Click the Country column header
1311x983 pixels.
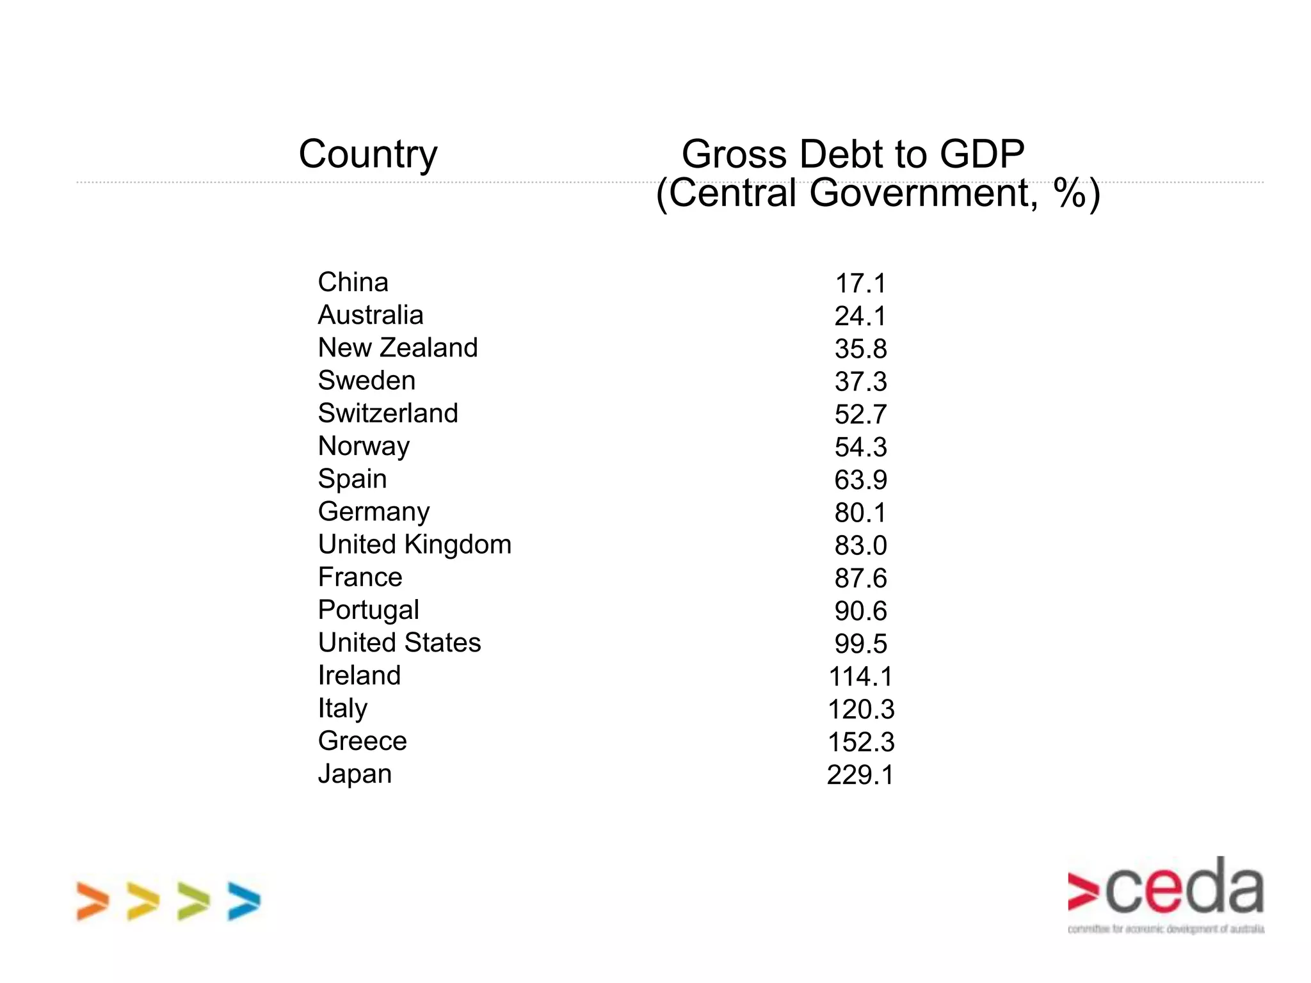click(368, 154)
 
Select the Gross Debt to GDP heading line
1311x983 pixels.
click(853, 154)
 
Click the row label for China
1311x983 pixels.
click(353, 282)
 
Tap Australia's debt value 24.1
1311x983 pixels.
click(860, 316)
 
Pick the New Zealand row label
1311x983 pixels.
click(398, 348)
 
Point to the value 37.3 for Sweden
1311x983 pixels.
click(860, 382)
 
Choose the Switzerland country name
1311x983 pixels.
click(388, 413)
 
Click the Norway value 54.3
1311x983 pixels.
click(860, 447)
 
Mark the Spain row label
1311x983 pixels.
click(352, 479)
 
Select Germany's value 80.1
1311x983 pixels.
click(860, 513)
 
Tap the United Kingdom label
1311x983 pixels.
click(415, 545)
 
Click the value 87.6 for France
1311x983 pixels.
click(860, 579)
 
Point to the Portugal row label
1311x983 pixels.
click(368, 610)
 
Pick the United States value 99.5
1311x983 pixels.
click(860, 644)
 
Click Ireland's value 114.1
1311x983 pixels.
click(860, 676)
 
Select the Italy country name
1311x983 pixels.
click(342, 708)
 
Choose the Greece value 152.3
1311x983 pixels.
click(860, 742)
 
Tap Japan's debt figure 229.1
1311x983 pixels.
click(860, 775)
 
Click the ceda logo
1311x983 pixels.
click(1165, 893)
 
